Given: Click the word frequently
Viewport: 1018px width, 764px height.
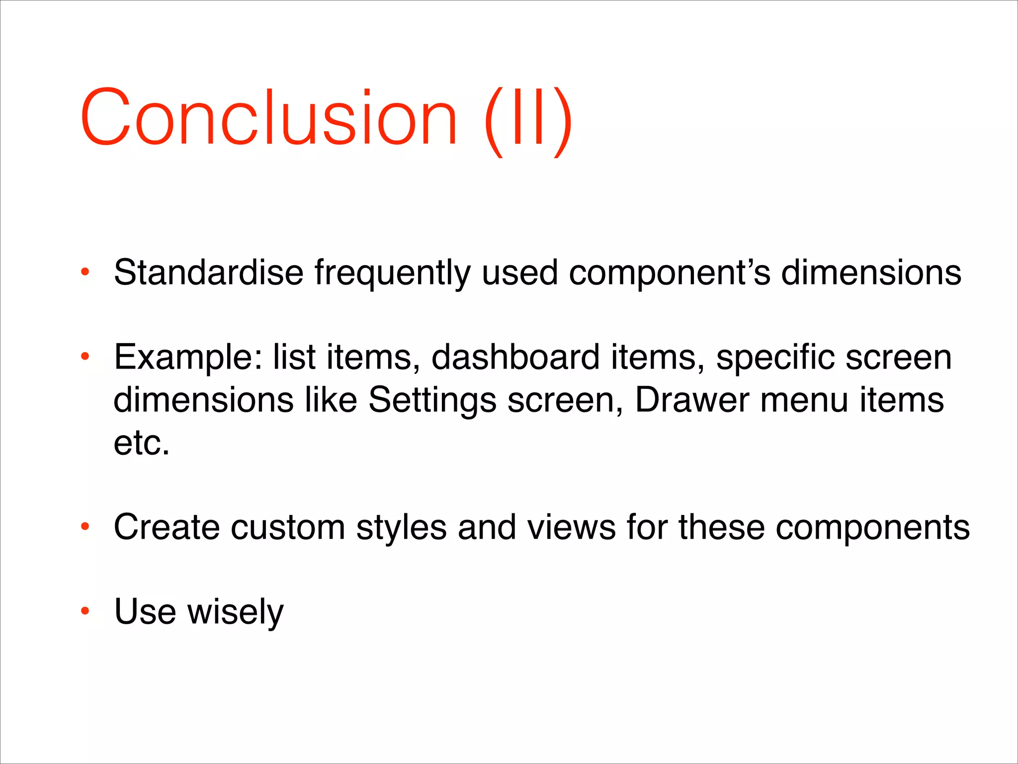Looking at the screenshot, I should coord(392,274).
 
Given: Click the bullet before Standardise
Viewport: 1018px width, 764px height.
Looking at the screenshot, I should coord(85,272).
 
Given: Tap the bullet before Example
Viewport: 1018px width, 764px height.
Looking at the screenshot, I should coord(85,356).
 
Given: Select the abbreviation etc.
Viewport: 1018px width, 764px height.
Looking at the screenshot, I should coord(142,443).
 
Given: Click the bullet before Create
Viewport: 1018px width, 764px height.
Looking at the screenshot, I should coord(85,526).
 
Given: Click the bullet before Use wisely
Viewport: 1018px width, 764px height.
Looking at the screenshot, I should coord(85,611).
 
